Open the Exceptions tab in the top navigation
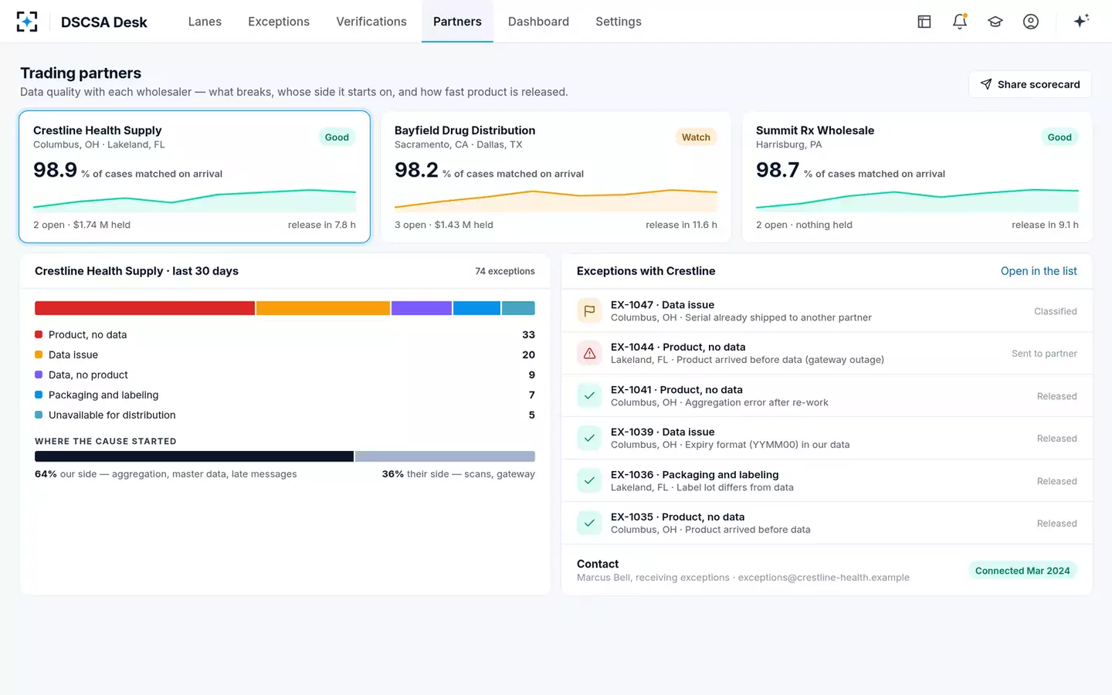point(279,22)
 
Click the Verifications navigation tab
point(371,22)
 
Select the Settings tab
point(618,22)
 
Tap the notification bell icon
point(960,22)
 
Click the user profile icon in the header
point(1031,22)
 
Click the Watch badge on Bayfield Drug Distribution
point(696,137)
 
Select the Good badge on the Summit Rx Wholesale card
point(1059,137)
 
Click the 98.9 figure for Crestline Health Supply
point(55,170)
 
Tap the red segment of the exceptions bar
point(144,308)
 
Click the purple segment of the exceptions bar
point(422,308)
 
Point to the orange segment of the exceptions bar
point(323,308)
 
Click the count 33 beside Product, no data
point(528,334)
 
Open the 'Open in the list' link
point(1039,271)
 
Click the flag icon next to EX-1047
point(589,310)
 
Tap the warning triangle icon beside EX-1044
point(589,354)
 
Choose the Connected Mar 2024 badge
point(1022,571)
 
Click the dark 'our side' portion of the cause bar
point(194,456)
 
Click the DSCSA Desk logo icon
point(27,22)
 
